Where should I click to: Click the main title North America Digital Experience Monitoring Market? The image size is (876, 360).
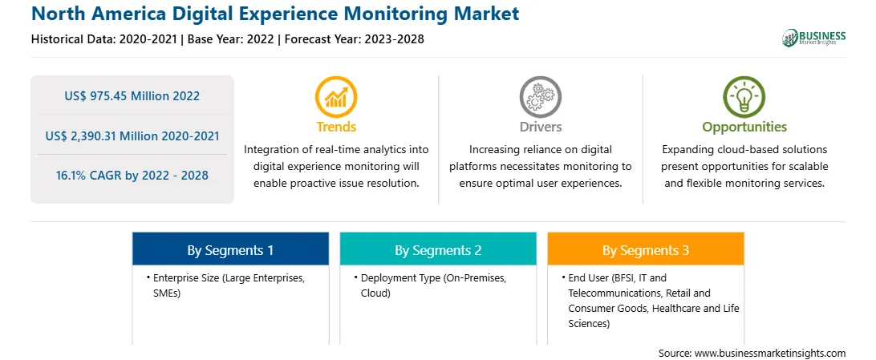pos(275,14)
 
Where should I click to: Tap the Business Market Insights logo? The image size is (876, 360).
pos(814,38)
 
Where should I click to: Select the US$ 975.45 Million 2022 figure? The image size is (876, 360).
pos(132,96)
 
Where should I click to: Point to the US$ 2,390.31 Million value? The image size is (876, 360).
pos(132,136)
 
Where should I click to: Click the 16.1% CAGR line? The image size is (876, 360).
pos(132,176)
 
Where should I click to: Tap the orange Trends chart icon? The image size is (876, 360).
pos(336,97)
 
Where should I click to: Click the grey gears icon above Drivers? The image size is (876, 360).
pos(540,97)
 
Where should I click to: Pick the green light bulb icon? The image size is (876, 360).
pos(744,97)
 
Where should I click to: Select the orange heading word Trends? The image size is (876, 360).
pos(336,127)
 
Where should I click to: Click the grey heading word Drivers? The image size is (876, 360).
pos(540,127)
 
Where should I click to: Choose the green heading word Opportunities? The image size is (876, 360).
pos(744,127)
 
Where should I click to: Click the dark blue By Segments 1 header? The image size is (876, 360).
pos(230,249)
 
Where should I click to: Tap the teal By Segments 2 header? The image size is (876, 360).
pos(438,249)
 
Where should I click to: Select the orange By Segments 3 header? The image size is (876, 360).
pos(646,249)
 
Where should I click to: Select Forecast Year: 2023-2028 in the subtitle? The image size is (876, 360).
pos(351,39)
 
